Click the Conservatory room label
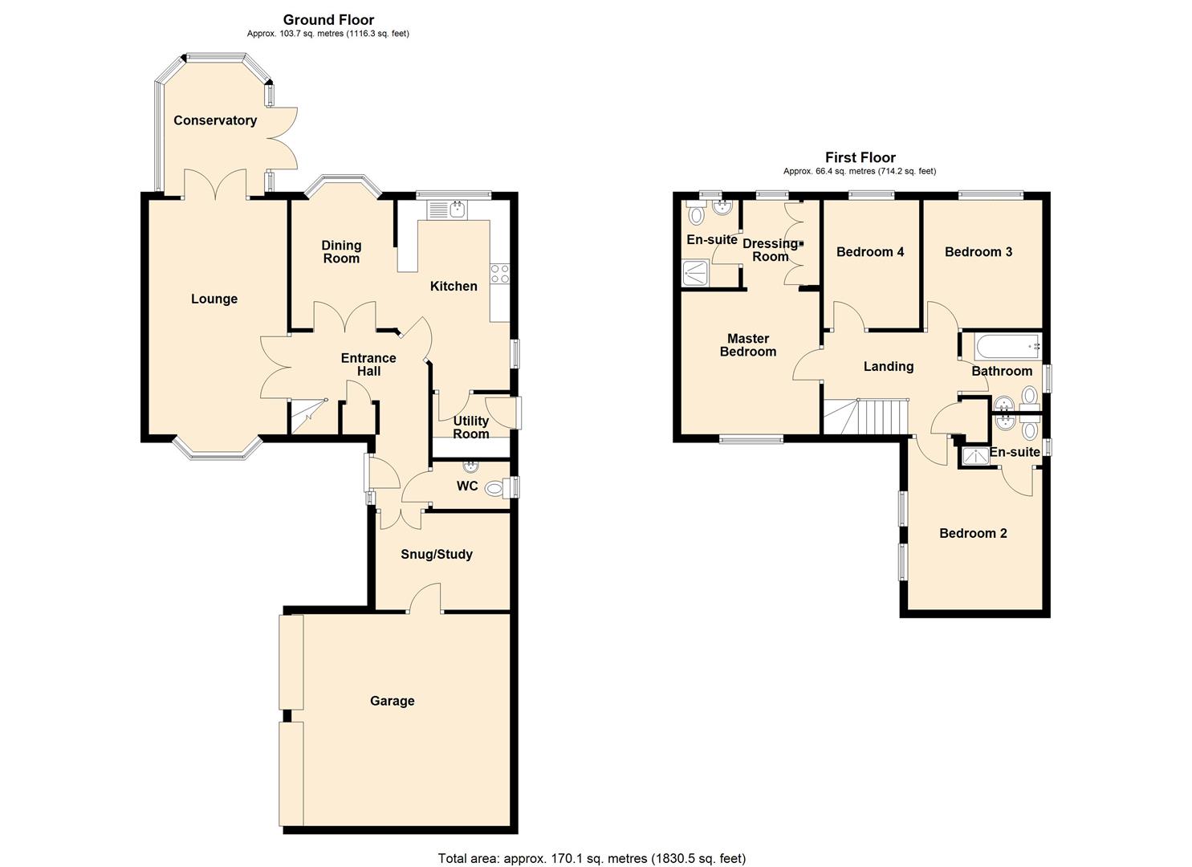[x=215, y=120]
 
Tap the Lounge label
[x=214, y=299]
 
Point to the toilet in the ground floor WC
[x=497, y=487]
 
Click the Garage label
[x=392, y=701]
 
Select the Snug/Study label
[x=436, y=554]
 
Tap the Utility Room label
[x=471, y=427]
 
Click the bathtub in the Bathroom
[x=1007, y=348]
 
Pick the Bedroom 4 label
[x=870, y=252]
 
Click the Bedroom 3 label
[x=978, y=252]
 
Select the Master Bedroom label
[x=747, y=345]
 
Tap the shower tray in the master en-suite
[x=696, y=273]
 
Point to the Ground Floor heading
[x=328, y=20]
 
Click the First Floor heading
[x=860, y=157]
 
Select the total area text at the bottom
[x=592, y=858]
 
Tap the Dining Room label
[x=341, y=252]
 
